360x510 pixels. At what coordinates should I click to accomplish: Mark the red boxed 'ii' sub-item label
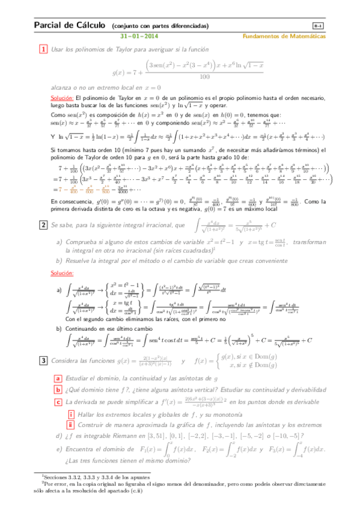pyautogui.click(x=71, y=424)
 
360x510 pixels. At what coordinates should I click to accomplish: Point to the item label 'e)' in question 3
pyautogui.click(x=59, y=449)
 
